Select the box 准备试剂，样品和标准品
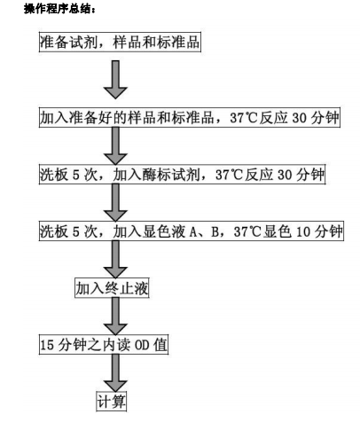(x=121, y=43)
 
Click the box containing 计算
(x=113, y=401)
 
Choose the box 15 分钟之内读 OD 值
(x=104, y=345)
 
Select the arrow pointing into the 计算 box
(x=113, y=373)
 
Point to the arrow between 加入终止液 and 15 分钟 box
(x=113, y=316)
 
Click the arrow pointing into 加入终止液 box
(x=113, y=260)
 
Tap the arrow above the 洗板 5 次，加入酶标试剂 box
(x=115, y=145)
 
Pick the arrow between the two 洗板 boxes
(x=115, y=203)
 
